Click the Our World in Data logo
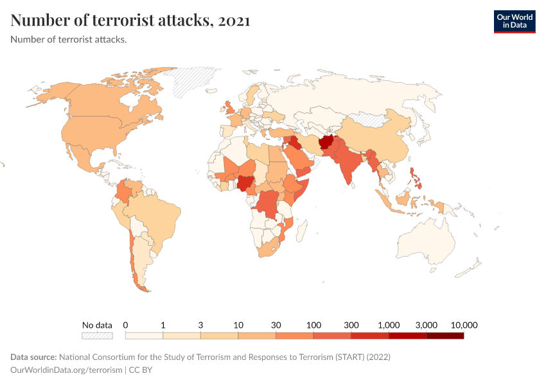pyautogui.click(x=514, y=21)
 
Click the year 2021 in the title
pyautogui.click(x=234, y=21)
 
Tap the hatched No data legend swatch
pyautogui.click(x=97, y=335)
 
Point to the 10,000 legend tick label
pyautogui.click(x=464, y=325)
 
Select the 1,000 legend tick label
pyautogui.click(x=389, y=325)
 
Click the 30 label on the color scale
pyautogui.click(x=276, y=325)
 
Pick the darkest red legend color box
pyautogui.click(x=445, y=335)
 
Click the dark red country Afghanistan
pyautogui.click(x=326, y=142)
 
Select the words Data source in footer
pyautogui.click(x=33, y=357)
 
